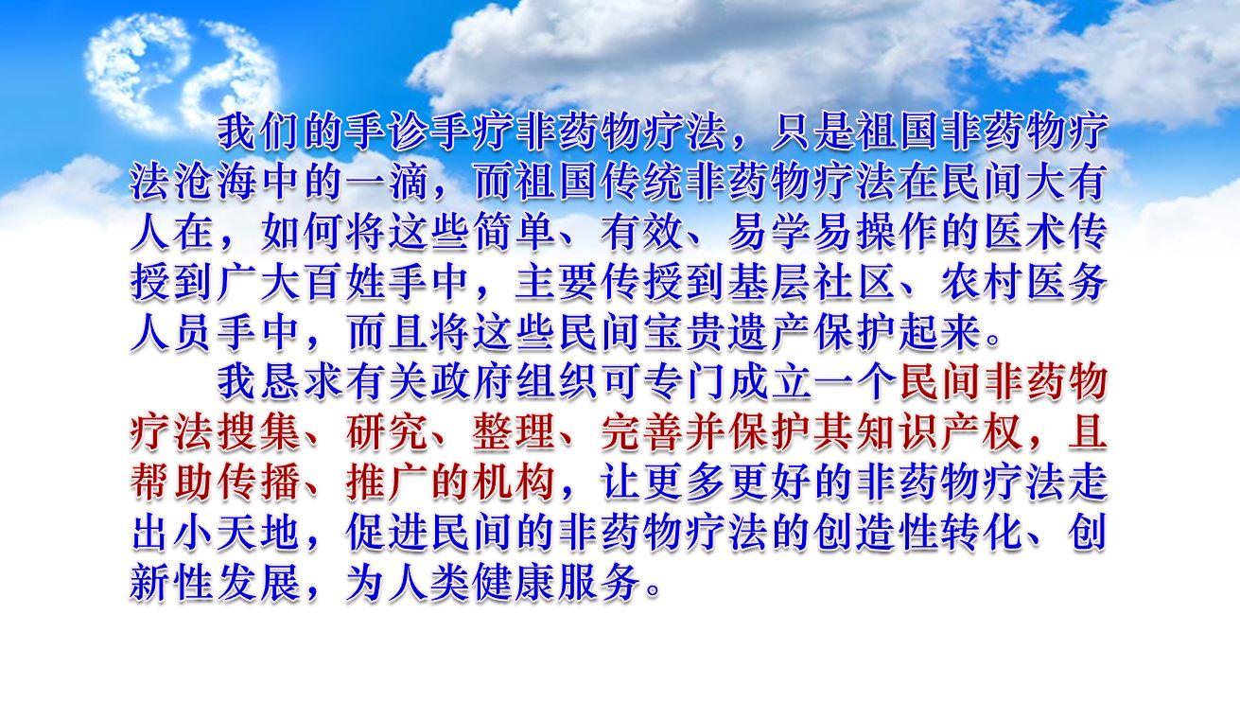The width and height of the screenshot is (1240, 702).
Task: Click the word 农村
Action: click(983, 283)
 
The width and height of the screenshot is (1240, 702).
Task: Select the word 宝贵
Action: click(685, 333)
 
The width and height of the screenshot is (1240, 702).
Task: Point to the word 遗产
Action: click(770, 333)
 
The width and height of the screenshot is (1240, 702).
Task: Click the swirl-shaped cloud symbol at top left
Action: click(182, 71)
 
